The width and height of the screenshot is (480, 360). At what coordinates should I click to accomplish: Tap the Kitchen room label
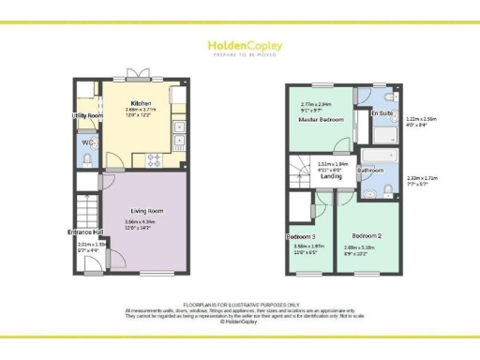coord(141,103)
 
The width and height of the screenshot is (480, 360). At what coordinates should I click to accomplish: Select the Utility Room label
coord(87,116)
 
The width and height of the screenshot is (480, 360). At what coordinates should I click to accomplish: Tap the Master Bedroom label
coord(322,120)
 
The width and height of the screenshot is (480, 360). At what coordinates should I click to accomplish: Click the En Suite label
coord(382,112)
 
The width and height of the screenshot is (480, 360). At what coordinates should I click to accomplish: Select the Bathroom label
coord(369,171)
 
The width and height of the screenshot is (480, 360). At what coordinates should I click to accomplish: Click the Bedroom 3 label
coord(301,236)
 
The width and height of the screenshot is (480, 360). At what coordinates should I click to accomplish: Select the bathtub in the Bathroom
coord(373,153)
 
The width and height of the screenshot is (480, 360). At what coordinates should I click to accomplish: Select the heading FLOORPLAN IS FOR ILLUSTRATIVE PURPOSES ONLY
coord(240,305)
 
